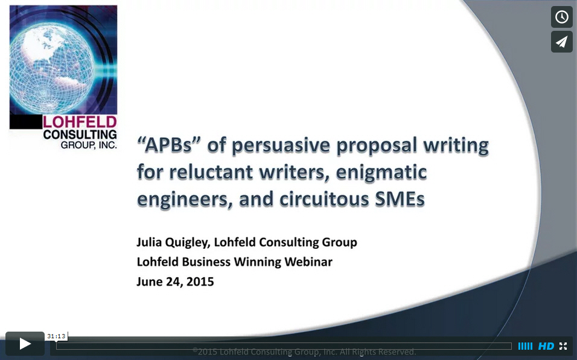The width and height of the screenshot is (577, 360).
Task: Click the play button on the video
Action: pos(25,344)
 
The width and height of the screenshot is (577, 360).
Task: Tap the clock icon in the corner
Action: pos(561,17)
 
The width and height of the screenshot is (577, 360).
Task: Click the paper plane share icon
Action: pos(561,42)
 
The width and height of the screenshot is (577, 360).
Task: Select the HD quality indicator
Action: pos(546,346)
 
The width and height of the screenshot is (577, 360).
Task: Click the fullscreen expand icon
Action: pos(563,346)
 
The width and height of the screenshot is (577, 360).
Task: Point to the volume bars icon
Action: pos(525,346)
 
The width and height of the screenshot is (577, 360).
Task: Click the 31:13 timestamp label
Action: pos(56,336)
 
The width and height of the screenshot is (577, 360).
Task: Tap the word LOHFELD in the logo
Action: pos(80,122)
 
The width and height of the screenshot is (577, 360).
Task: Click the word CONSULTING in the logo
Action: pos(80,134)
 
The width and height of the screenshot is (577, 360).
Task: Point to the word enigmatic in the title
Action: pos(381,173)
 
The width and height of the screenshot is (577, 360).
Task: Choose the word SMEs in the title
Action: pos(400,199)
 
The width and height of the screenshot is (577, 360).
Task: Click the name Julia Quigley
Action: pos(173,243)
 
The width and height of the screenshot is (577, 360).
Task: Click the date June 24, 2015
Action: pos(175,281)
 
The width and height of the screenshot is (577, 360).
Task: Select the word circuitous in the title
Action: pos(324,199)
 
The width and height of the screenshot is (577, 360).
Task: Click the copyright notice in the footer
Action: pos(304,352)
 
